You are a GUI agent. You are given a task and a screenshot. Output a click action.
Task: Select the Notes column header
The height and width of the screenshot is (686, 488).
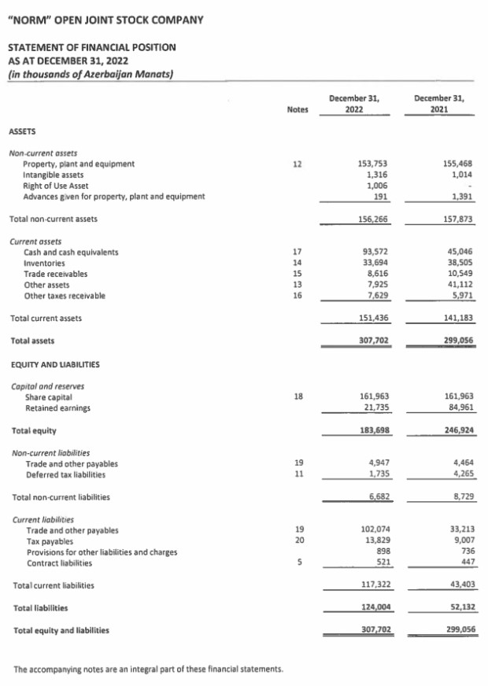point(297,111)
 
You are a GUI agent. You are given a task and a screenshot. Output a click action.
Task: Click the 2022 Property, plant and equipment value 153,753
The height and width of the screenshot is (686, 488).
point(372,164)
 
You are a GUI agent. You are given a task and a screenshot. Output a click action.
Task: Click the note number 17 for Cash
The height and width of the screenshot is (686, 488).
point(297,252)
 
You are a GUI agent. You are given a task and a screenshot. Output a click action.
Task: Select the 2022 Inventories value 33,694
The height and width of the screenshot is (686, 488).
point(372,263)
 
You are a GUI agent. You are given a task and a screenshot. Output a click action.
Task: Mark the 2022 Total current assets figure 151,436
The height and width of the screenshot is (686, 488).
point(372,318)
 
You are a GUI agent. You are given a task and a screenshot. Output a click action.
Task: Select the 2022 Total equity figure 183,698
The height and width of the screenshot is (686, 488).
point(372,430)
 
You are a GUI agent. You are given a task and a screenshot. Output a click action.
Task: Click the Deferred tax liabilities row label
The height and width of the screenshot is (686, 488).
point(65,474)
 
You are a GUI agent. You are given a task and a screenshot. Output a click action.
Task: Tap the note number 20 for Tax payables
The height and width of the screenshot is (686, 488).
point(297,541)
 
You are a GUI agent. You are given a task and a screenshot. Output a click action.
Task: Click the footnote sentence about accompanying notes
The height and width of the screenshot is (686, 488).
point(149,669)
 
